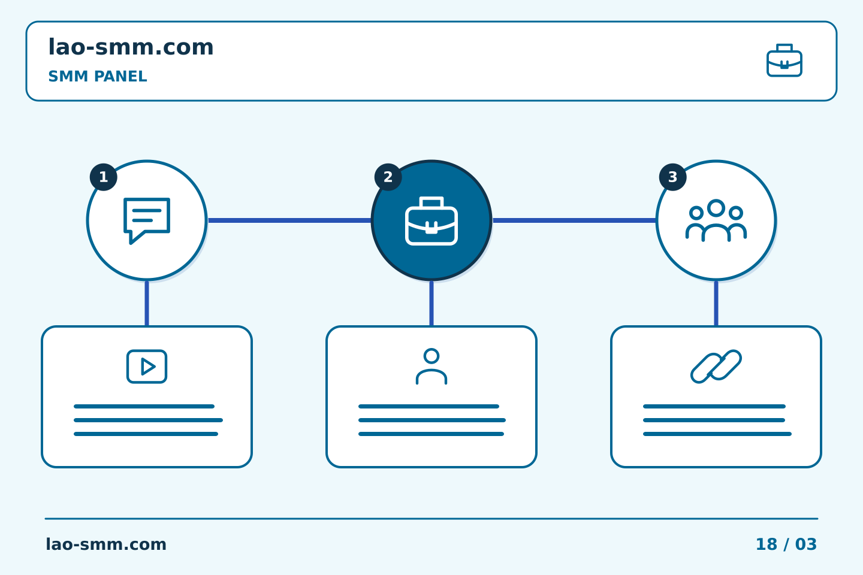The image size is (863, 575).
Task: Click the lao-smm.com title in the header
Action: click(x=131, y=47)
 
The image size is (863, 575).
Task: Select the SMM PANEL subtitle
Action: click(x=98, y=76)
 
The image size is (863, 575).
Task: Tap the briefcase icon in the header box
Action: click(x=784, y=60)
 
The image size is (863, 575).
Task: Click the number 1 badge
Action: click(x=103, y=177)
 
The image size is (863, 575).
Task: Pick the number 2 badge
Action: click(x=388, y=177)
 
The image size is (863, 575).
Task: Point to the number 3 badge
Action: click(x=672, y=177)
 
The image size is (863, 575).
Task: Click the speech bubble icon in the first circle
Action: click(x=147, y=220)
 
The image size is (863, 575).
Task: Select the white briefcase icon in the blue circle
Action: click(x=431, y=220)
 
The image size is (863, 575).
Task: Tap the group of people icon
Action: click(x=716, y=220)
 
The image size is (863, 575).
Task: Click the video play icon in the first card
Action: click(x=147, y=366)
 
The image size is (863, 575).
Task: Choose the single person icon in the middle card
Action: click(x=431, y=366)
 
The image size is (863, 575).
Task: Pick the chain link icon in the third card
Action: click(x=716, y=366)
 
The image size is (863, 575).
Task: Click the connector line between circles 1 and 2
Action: click(x=289, y=220)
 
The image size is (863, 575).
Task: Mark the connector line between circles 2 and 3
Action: click(x=574, y=220)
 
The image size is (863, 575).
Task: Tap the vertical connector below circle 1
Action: click(x=147, y=303)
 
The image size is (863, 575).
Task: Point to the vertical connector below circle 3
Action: click(x=716, y=303)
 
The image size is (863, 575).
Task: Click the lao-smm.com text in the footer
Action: click(x=106, y=544)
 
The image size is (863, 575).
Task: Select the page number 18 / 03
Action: click(x=786, y=544)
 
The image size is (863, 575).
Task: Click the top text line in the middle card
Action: click(x=429, y=406)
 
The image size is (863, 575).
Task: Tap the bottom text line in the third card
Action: click(x=717, y=434)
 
